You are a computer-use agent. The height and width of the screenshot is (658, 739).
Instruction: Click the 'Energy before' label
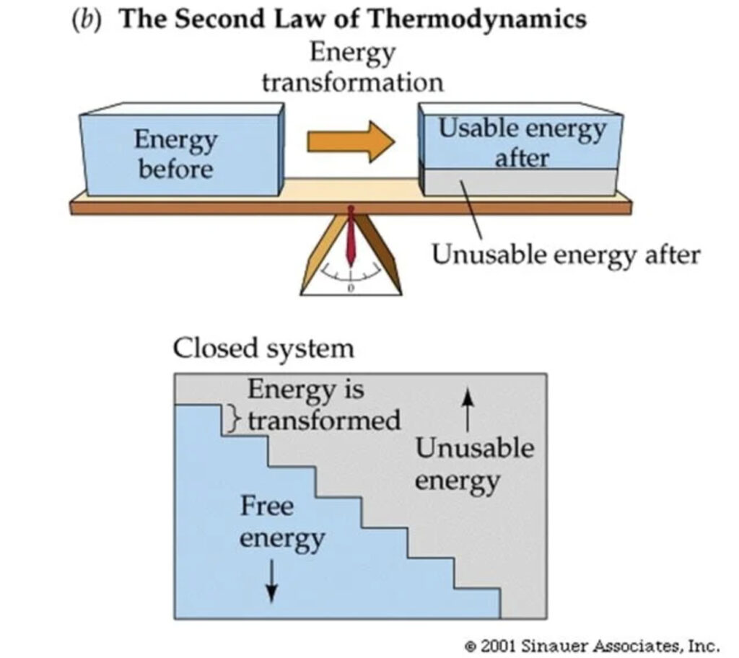pos(175,154)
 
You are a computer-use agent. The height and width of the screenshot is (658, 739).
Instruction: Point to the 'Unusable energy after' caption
pos(565,254)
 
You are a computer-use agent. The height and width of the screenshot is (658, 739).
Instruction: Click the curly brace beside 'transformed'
pos(232,419)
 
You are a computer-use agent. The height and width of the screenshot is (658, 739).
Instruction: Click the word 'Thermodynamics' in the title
pos(486,19)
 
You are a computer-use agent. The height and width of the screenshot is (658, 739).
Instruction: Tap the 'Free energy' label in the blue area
pos(281,522)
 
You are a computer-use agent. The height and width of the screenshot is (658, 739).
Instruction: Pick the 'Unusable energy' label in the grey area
pos(474,464)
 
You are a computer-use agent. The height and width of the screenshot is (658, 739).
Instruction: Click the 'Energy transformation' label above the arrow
pos(352,67)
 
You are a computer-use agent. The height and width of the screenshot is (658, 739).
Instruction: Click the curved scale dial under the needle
pos(351,275)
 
